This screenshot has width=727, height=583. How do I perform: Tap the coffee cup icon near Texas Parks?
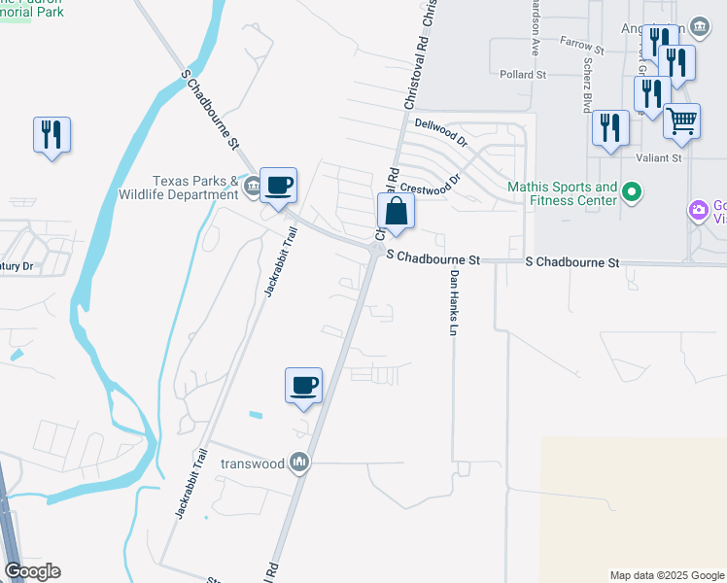click(x=278, y=185)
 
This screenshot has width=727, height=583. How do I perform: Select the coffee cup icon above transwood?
click(x=304, y=385)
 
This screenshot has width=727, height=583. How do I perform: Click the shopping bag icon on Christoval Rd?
click(x=396, y=211)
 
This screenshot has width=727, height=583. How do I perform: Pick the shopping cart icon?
click(x=682, y=121)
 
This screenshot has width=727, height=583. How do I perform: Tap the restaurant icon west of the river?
click(x=52, y=134)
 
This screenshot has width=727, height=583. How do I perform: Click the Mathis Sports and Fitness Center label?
click(x=563, y=193)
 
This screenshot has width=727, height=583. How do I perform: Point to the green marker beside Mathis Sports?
click(x=632, y=193)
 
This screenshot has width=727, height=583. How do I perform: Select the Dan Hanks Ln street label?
click(x=452, y=302)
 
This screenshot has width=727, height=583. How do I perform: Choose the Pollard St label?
click(x=523, y=74)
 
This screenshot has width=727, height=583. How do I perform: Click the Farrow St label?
click(x=582, y=44)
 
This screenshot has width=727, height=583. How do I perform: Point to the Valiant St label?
click(x=659, y=156)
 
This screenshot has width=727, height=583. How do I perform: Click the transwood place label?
click(x=253, y=463)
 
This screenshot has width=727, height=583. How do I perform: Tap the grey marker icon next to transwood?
click(x=300, y=463)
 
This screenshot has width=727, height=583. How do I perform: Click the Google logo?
click(x=32, y=571)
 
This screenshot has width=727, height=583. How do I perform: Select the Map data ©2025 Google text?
click(x=666, y=575)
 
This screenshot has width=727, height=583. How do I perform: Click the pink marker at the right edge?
click(x=698, y=210)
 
